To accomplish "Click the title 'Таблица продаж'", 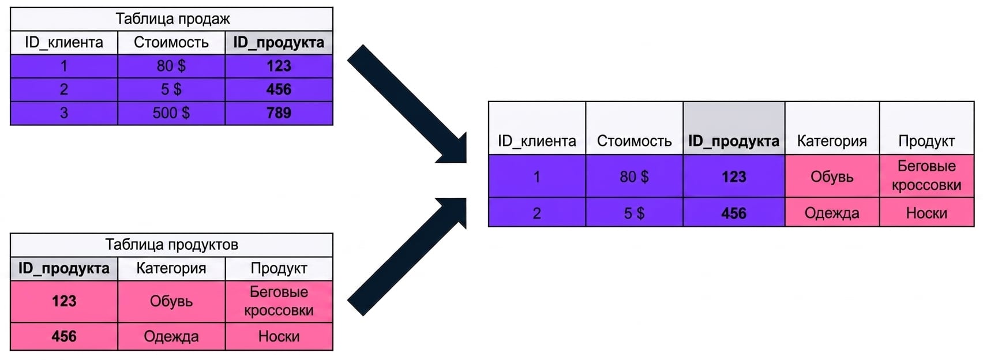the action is pyautogui.click(x=172, y=19).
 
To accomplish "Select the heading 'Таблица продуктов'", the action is pyautogui.click(x=171, y=245).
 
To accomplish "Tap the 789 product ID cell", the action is pyautogui.click(x=279, y=113).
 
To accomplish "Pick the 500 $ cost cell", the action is pyautogui.click(x=171, y=113).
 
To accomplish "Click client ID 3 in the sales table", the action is pyautogui.click(x=64, y=113).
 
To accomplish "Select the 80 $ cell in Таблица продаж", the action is pyautogui.click(x=171, y=66).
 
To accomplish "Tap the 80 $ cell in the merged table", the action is pyautogui.click(x=634, y=177).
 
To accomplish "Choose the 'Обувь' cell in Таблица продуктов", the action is pyautogui.click(x=171, y=302).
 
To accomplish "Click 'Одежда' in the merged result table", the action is pyautogui.click(x=832, y=213).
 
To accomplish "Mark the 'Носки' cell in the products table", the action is pyautogui.click(x=279, y=336).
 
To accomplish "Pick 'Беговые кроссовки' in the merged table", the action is pyautogui.click(x=927, y=175).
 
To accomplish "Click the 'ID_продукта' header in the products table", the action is pyautogui.click(x=64, y=268).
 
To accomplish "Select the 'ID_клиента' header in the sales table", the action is pyautogui.click(x=64, y=43).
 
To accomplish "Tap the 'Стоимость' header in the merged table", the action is pyautogui.click(x=634, y=141).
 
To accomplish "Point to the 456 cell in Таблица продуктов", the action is pyautogui.click(x=64, y=336).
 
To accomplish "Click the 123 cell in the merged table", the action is pyautogui.click(x=734, y=177).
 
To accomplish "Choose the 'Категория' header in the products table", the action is pyautogui.click(x=171, y=268).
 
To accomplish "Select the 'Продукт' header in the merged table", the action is pyautogui.click(x=927, y=141).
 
